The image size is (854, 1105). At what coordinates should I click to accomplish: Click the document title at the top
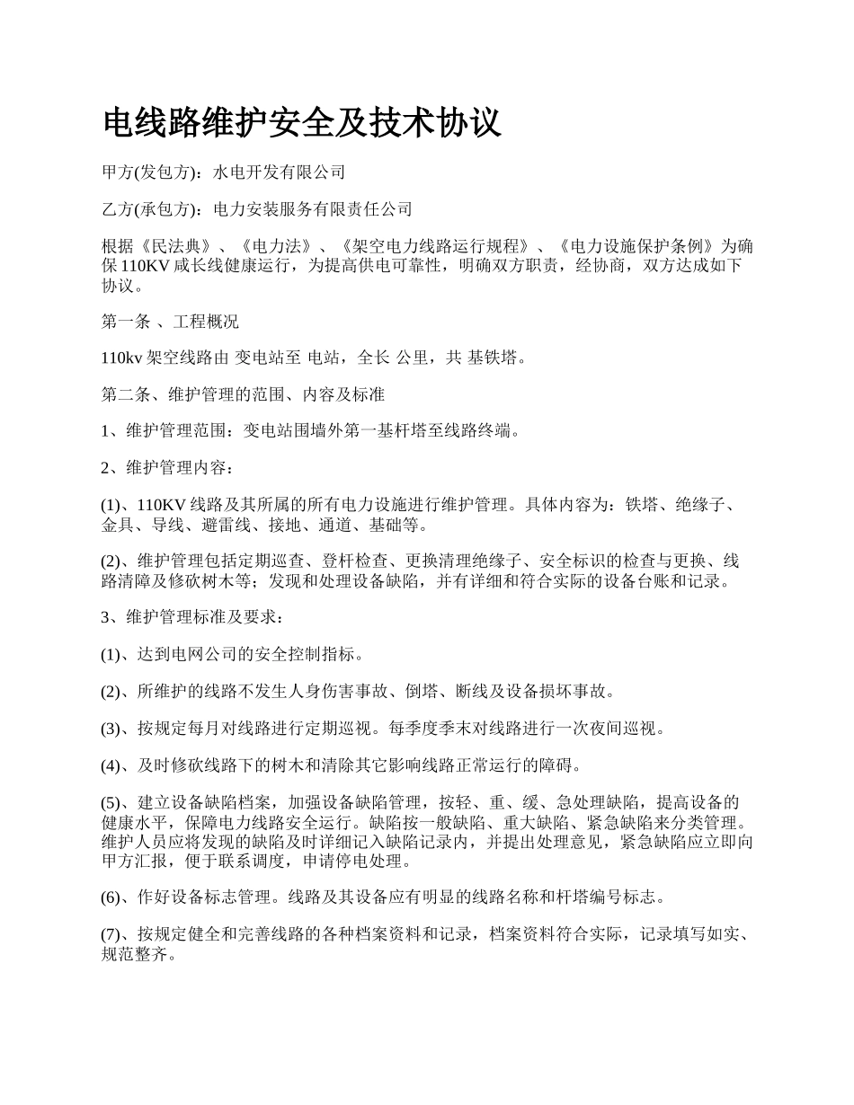[x=302, y=122]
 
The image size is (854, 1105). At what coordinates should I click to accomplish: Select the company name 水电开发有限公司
[x=279, y=172]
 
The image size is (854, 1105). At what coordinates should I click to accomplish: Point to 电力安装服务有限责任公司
[x=313, y=210]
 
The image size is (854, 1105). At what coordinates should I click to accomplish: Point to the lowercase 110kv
[x=121, y=358]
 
